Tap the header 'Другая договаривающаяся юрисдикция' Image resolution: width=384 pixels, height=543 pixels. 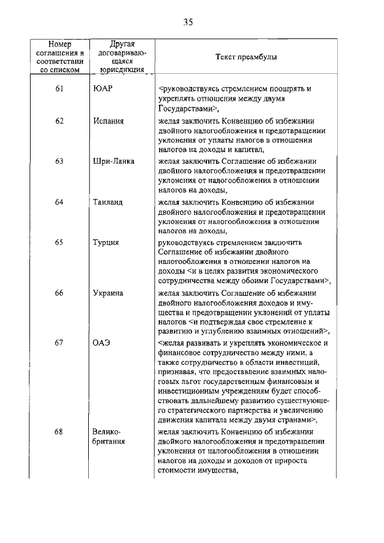click(122, 57)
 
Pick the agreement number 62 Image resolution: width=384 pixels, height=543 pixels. click(59, 121)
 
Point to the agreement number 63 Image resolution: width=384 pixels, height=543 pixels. click(59, 161)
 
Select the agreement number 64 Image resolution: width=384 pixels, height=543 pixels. click(59, 202)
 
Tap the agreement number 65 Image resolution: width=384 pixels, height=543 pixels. click(59, 243)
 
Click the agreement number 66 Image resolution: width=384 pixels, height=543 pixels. click(59, 293)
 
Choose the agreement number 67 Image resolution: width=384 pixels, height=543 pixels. click(59, 343)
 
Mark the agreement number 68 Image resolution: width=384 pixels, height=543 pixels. click(59, 432)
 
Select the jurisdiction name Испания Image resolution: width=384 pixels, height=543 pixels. click(109, 121)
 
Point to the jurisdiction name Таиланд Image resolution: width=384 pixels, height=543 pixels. click(108, 202)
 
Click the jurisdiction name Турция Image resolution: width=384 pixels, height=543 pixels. click(106, 243)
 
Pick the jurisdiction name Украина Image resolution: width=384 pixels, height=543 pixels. click(108, 293)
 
